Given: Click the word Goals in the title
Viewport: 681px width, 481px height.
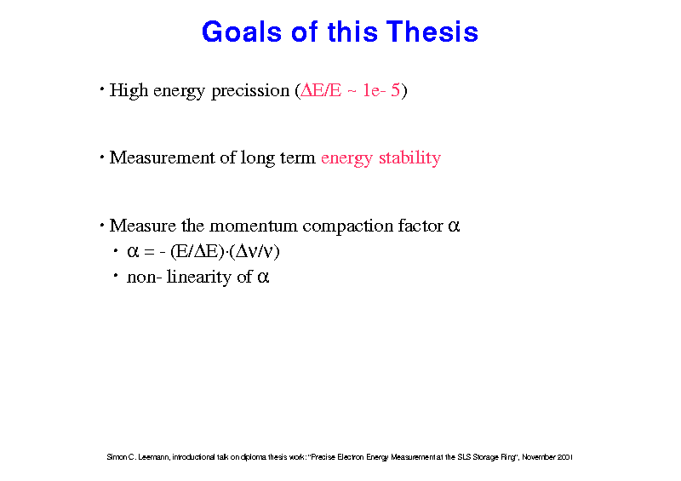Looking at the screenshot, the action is click(242, 31).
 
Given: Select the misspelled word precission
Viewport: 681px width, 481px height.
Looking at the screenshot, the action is click(250, 91).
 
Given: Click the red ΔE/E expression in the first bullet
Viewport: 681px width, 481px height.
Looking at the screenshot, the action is click(321, 90).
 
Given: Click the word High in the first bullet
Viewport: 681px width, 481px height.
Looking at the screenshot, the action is click(129, 91).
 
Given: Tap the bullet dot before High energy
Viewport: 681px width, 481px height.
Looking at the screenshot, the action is click(101, 89).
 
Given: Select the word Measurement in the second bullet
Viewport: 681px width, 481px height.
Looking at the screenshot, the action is click(162, 157).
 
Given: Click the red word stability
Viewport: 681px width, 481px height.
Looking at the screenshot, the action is click(409, 158).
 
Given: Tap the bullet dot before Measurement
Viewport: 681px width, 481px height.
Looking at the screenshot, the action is click(101, 157).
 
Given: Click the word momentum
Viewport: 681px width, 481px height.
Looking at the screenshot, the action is click(253, 226).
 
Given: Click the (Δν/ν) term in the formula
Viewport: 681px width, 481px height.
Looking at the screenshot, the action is click(255, 252).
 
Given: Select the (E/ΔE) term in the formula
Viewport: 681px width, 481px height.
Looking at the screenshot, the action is click(197, 252).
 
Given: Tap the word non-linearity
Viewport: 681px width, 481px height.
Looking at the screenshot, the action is click(180, 278).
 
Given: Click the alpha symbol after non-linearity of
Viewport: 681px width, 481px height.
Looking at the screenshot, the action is click(263, 278).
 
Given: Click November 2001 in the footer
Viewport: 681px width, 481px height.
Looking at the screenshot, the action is click(547, 457).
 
